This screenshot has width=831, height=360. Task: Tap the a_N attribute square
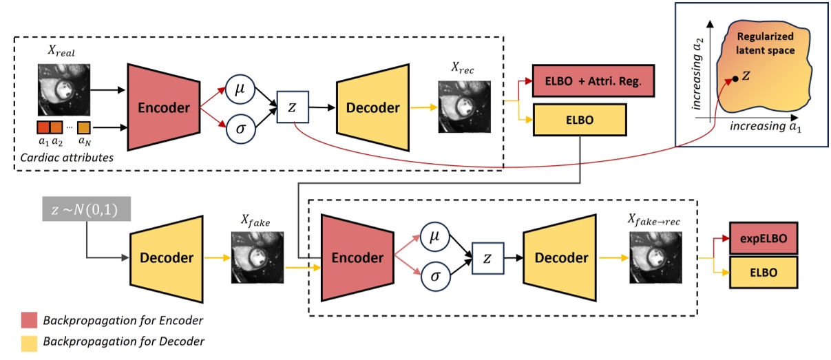point(85,127)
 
